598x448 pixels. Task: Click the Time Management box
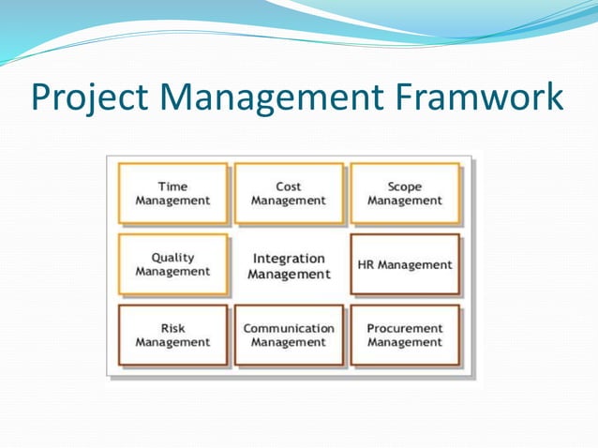point(172,194)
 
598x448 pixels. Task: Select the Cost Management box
point(289,194)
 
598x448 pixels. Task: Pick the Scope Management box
point(405,194)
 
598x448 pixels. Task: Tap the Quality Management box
point(172,264)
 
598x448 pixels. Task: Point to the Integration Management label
point(289,265)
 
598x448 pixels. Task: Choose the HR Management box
point(405,264)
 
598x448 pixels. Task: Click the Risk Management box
point(172,336)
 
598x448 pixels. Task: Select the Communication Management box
point(289,336)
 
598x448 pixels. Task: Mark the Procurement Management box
point(405,336)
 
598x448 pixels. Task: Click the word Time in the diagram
point(172,187)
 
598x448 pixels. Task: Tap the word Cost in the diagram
point(289,187)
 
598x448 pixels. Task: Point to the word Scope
point(405,187)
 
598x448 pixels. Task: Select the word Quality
point(172,257)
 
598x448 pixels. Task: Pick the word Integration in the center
point(289,258)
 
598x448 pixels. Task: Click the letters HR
point(367,264)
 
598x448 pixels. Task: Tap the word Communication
point(289,328)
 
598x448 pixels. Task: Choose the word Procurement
point(405,328)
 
